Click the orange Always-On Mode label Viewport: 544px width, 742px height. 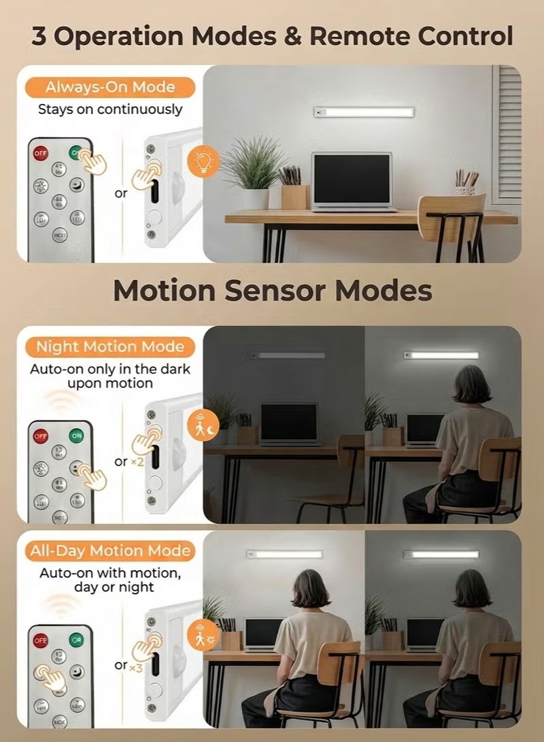110,87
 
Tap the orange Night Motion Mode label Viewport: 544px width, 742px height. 110,347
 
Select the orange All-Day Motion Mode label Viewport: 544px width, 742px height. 110,550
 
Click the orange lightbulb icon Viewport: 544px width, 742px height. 203,161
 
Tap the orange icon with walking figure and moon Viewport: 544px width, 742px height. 203,425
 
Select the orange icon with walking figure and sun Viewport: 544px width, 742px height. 203,634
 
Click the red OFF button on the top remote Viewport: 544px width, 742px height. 41,154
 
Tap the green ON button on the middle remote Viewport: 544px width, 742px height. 76,436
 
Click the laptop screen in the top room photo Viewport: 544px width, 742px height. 352,179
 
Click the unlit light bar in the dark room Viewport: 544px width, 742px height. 290,355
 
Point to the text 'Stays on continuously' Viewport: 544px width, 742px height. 110,109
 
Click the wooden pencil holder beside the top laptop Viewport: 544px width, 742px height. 294,195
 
